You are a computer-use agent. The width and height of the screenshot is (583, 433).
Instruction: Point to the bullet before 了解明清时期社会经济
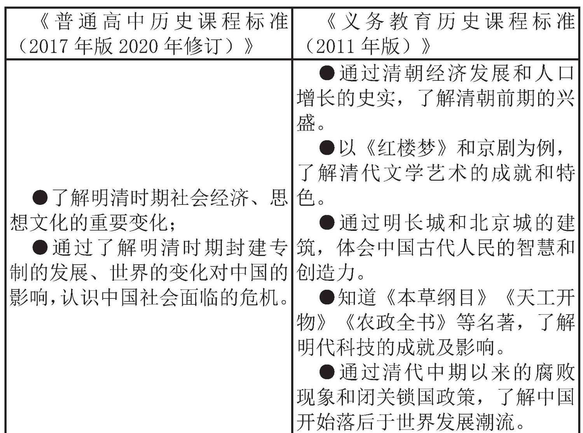(40, 198)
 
